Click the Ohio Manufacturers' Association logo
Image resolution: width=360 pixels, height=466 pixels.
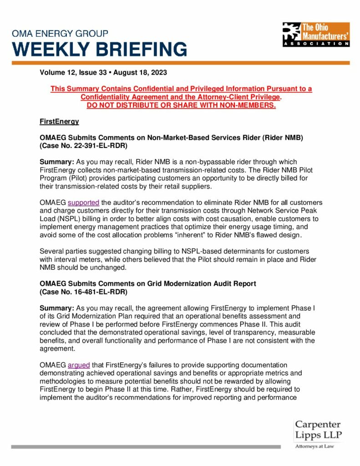(x=315, y=34)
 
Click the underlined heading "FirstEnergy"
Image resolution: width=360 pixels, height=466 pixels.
(x=59, y=122)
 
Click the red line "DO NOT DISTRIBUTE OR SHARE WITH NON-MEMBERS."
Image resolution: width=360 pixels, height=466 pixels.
(x=181, y=106)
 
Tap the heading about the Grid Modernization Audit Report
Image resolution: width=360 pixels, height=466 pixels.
(x=148, y=284)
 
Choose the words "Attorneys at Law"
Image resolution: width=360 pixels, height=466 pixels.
(x=314, y=446)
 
